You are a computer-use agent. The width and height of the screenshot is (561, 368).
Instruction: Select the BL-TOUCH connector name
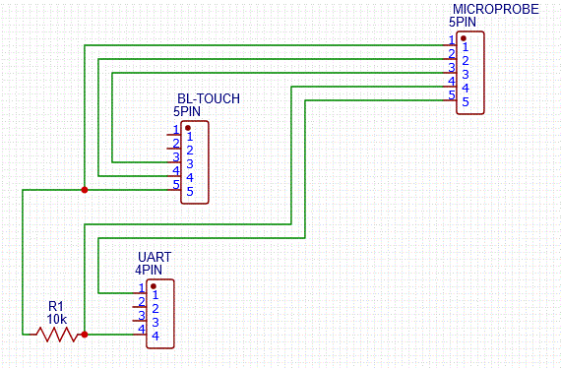click(x=208, y=99)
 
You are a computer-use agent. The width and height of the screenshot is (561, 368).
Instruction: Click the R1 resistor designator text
click(x=55, y=306)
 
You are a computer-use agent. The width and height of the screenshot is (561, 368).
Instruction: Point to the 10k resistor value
click(x=57, y=319)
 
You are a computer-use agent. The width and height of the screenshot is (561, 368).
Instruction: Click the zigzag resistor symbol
click(x=57, y=335)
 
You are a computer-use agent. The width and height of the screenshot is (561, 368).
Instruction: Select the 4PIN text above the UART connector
click(x=149, y=269)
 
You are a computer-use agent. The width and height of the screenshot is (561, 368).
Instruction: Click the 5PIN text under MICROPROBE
click(x=462, y=21)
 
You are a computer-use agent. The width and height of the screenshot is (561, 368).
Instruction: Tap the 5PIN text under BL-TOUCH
click(x=186, y=112)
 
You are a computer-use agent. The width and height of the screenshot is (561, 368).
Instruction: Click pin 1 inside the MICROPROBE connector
click(x=466, y=46)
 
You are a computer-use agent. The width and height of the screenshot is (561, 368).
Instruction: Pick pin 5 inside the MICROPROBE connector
click(x=466, y=101)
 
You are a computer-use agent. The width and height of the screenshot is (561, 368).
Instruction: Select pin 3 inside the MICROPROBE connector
click(x=466, y=74)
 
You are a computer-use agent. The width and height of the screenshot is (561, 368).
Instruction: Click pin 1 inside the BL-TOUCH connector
click(x=190, y=136)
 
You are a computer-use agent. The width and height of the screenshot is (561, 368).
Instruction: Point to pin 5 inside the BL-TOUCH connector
click(x=190, y=191)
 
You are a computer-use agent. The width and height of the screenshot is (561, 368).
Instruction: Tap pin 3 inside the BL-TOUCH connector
click(x=190, y=163)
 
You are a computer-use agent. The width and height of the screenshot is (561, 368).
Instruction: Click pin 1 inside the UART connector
click(x=156, y=295)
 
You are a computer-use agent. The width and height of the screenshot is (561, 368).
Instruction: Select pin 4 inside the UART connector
click(x=156, y=337)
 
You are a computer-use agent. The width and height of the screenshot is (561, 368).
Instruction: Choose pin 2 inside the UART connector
click(x=156, y=309)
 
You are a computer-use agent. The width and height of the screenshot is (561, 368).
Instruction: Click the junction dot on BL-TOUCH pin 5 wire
click(x=85, y=189)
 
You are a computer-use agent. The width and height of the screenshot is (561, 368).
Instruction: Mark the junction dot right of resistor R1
click(x=85, y=335)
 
